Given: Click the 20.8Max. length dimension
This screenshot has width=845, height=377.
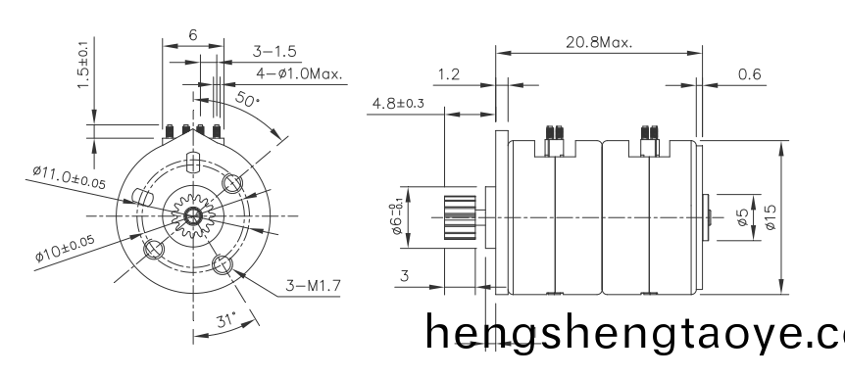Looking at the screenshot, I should (599, 43).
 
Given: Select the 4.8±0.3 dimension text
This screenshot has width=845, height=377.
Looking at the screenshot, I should (396, 102).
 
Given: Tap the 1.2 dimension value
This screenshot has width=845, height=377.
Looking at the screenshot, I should (448, 73).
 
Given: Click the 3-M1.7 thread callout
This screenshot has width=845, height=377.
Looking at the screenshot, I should (311, 285).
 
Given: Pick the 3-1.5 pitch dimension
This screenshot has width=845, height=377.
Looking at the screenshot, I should (274, 51).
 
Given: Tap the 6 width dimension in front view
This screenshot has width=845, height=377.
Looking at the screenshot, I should (192, 34).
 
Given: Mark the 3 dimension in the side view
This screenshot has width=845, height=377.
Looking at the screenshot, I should (404, 277).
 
